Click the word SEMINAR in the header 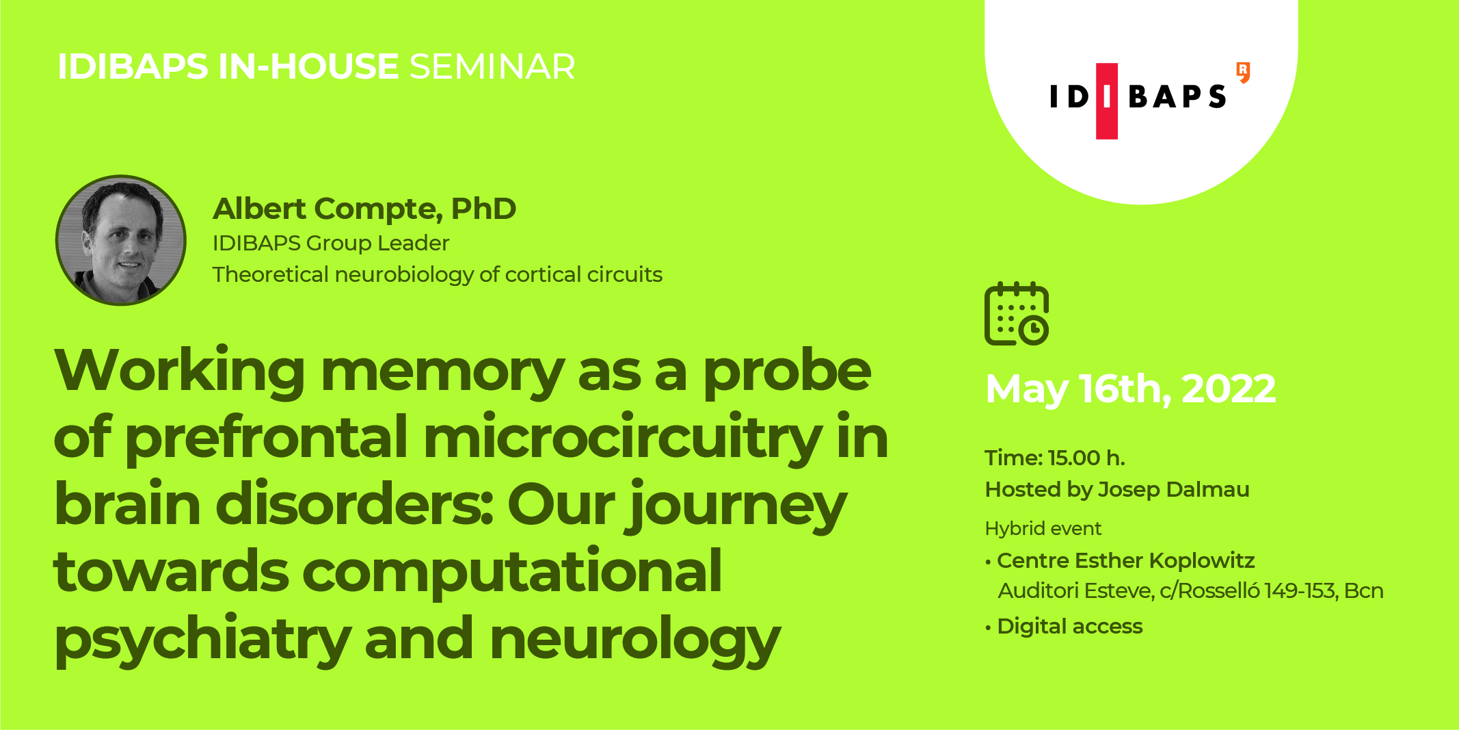492,66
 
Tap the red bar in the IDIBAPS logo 1107,101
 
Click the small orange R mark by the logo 1244,72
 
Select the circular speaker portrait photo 121,240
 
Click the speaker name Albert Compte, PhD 364,209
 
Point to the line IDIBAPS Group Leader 331,243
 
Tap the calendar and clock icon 1017,313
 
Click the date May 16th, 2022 1131,389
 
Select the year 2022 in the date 1229,389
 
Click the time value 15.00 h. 1086,458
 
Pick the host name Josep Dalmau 1173,490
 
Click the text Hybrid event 1043,529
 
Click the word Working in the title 180,371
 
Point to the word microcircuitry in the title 623,438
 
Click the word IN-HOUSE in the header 308,66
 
